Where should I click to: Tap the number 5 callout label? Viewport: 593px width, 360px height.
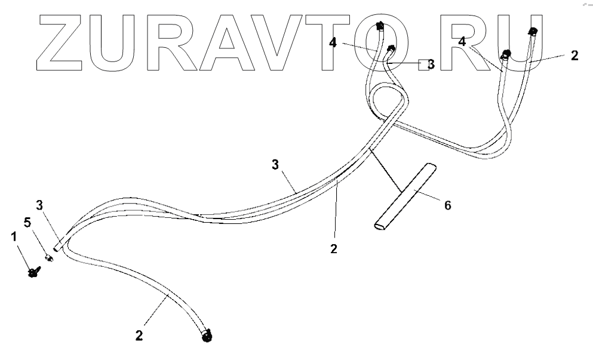pos(26,222)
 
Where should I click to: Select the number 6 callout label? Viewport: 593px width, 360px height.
pos(447,205)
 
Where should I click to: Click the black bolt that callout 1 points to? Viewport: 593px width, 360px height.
pos(33,273)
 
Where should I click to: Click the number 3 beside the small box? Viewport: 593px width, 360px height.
pos(431,63)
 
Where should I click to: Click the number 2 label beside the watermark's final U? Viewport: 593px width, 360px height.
pos(574,56)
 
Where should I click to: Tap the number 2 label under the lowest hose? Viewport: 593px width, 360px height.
pos(139,336)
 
